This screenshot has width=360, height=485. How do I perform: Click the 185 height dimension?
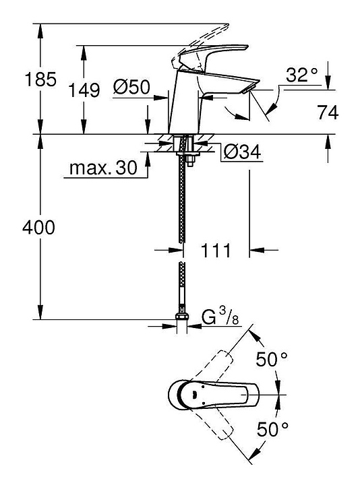[40, 79]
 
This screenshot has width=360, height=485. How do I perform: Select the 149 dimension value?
[84, 90]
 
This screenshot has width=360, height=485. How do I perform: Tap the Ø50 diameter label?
[131, 87]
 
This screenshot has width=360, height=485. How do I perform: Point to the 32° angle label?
[302, 75]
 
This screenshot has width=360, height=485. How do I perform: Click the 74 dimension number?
[328, 112]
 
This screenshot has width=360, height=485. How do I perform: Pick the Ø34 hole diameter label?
[243, 152]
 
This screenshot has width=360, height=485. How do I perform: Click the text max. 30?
[103, 168]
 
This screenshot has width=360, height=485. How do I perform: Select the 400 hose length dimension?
[38, 228]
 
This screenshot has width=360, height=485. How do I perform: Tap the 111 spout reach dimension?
[216, 250]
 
